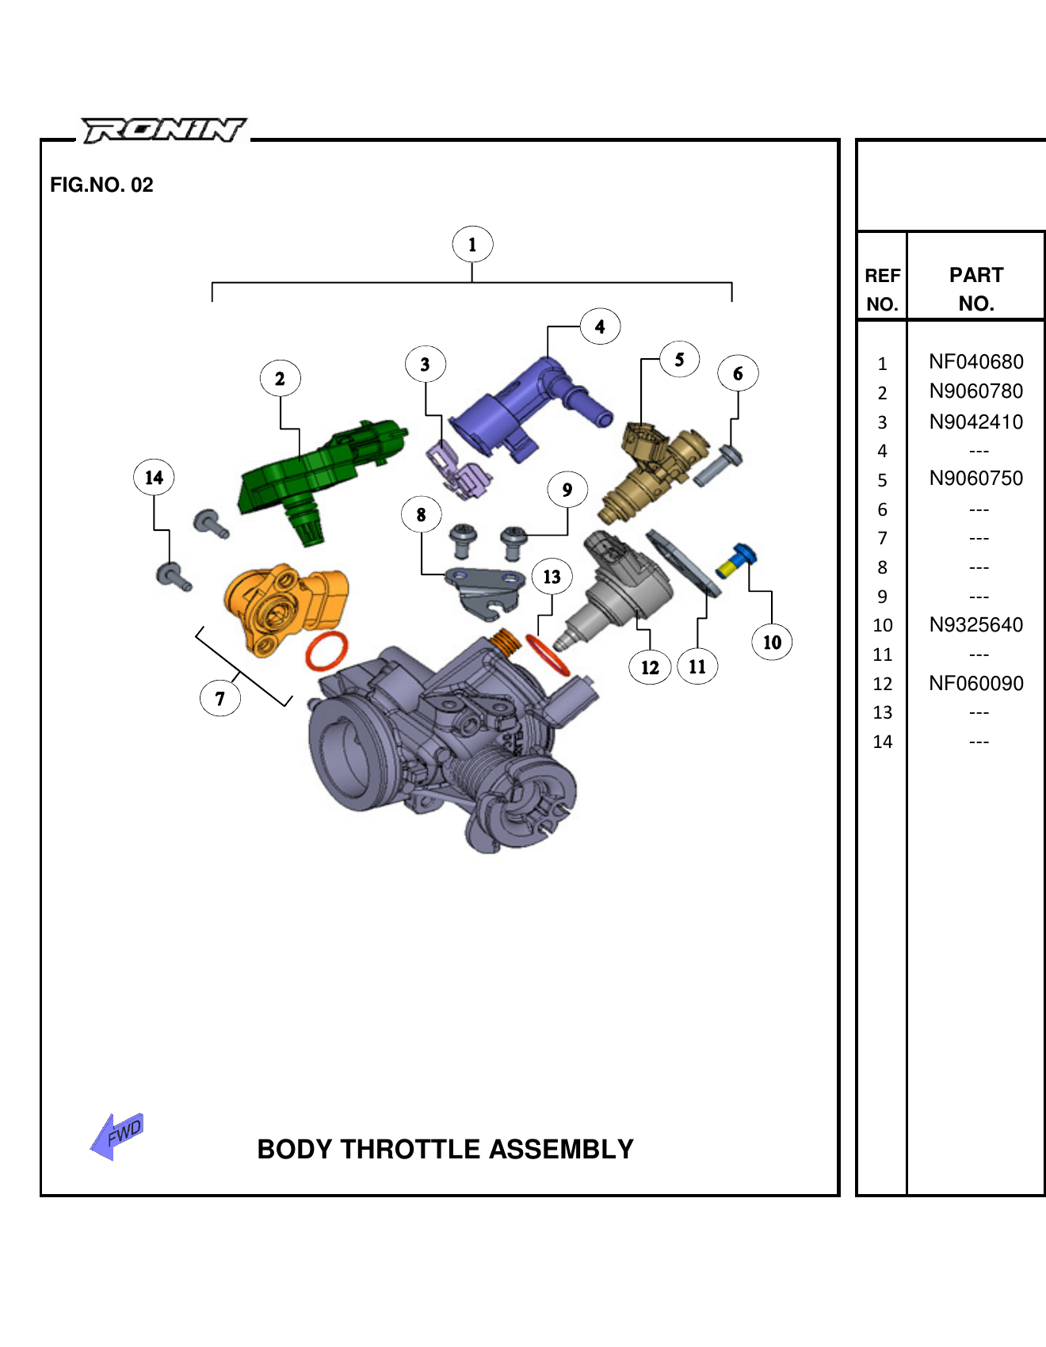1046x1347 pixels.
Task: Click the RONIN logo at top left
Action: click(164, 130)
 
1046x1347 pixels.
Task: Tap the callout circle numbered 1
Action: click(472, 244)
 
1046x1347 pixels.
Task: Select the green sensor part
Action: click(317, 471)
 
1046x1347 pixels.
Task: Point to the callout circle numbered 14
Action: click(154, 477)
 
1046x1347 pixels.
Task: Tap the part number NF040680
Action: click(975, 362)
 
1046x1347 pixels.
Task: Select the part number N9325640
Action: click(975, 625)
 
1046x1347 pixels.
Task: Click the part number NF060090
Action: click(975, 683)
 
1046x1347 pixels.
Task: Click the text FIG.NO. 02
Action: click(101, 185)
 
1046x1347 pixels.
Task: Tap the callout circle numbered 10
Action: click(771, 642)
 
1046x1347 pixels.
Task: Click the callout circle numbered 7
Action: click(220, 698)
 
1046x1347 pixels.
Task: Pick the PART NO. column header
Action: click(975, 289)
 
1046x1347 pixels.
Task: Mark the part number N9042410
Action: click(975, 422)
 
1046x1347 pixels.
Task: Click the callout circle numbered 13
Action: click(552, 576)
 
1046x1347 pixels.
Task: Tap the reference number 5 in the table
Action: click(882, 480)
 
